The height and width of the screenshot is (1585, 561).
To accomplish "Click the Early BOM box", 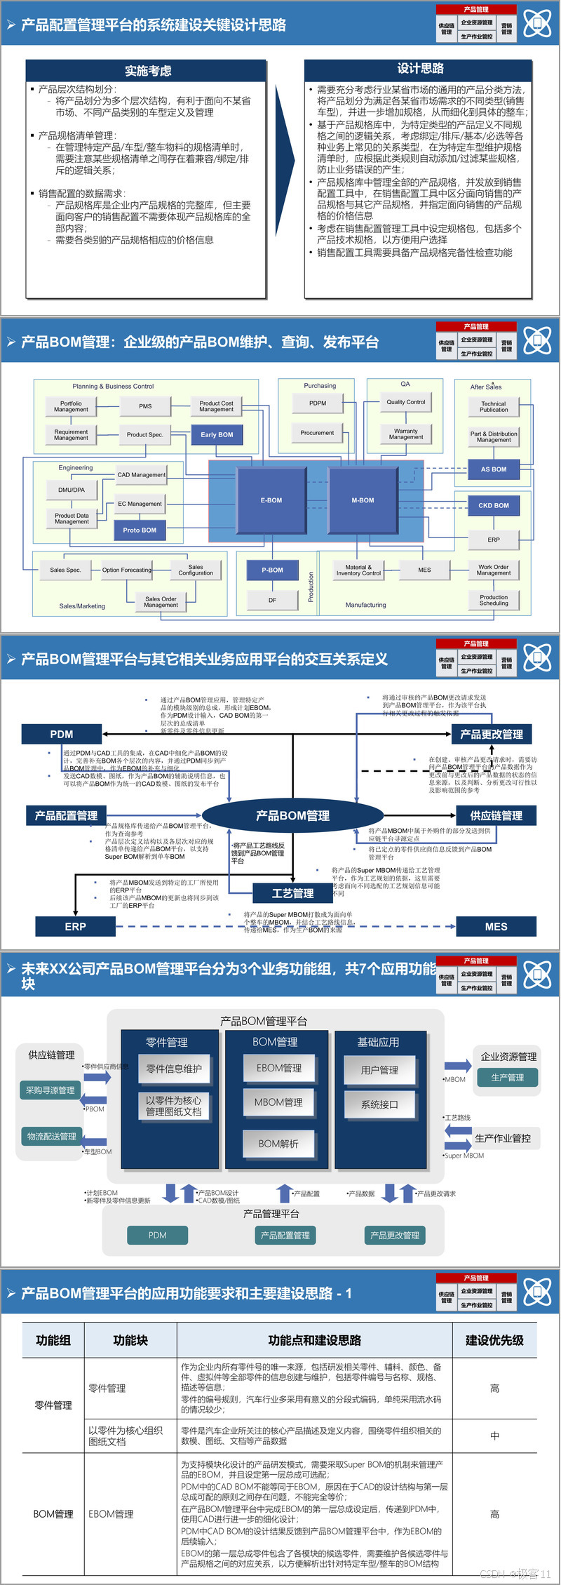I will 217,434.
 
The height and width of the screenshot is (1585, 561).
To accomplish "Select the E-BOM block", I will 271,500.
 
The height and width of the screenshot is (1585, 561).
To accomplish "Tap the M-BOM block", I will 363,500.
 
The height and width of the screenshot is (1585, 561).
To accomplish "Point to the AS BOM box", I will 493,469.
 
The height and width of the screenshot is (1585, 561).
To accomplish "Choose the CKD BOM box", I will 493,505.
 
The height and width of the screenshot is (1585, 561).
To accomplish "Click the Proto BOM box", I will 140,530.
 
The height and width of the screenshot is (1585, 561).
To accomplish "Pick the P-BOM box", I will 272,570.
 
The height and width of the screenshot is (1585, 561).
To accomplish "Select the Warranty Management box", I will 405,434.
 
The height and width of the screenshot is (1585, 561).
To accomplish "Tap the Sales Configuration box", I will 196,570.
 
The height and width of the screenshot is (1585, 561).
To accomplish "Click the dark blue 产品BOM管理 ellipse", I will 292,815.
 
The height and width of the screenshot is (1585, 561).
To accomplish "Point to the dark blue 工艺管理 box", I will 292,893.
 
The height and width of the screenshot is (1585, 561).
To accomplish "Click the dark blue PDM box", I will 62,734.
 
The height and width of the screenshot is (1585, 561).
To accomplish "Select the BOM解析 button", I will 278,1144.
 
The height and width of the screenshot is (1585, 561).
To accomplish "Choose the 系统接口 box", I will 379,1104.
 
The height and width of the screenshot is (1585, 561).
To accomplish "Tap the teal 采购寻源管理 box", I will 50,1090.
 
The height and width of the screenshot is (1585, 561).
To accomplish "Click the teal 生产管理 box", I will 508,1078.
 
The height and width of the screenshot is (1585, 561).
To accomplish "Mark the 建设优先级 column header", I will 494,1340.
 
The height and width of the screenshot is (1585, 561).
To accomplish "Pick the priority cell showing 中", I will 494,1436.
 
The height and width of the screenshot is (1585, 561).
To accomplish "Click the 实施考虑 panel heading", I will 148,71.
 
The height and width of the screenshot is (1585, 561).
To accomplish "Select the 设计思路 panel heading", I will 420,69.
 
